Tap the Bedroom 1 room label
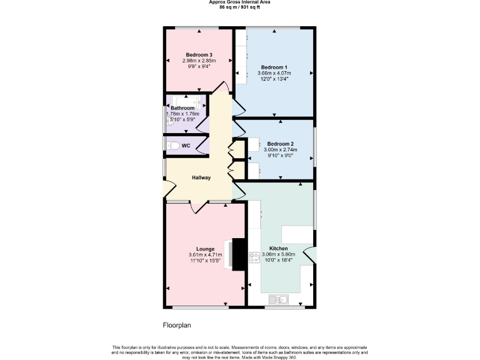(x=274, y=67)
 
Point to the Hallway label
(x=201, y=177)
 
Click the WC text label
(x=186, y=146)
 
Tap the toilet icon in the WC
(x=173, y=146)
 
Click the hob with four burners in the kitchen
(x=254, y=257)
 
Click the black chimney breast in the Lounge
(x=238, y=254)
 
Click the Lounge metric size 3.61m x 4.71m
(x=205, y=254)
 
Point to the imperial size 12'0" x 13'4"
(x=274, y=79)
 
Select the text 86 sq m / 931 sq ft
(x=239, y=7)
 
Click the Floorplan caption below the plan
(x=176, y=325)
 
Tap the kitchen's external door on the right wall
(x=310, y=255)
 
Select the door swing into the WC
(x=201, y=145)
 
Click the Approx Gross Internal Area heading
(x=239, y=2)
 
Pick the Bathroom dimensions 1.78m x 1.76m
(x=182, y=114)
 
